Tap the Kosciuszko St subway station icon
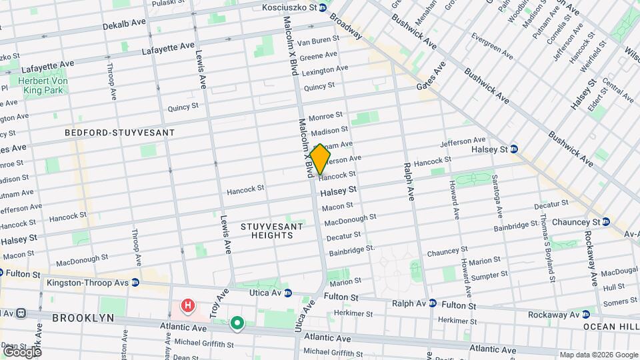322,7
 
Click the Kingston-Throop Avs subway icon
135,283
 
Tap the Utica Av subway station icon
288,293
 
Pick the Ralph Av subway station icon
432,303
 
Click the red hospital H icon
189,306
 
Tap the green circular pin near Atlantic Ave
237,324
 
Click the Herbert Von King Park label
45,85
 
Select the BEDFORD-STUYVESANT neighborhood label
119,133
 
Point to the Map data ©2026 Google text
598,355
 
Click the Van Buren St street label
323,41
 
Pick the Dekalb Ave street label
124,23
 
